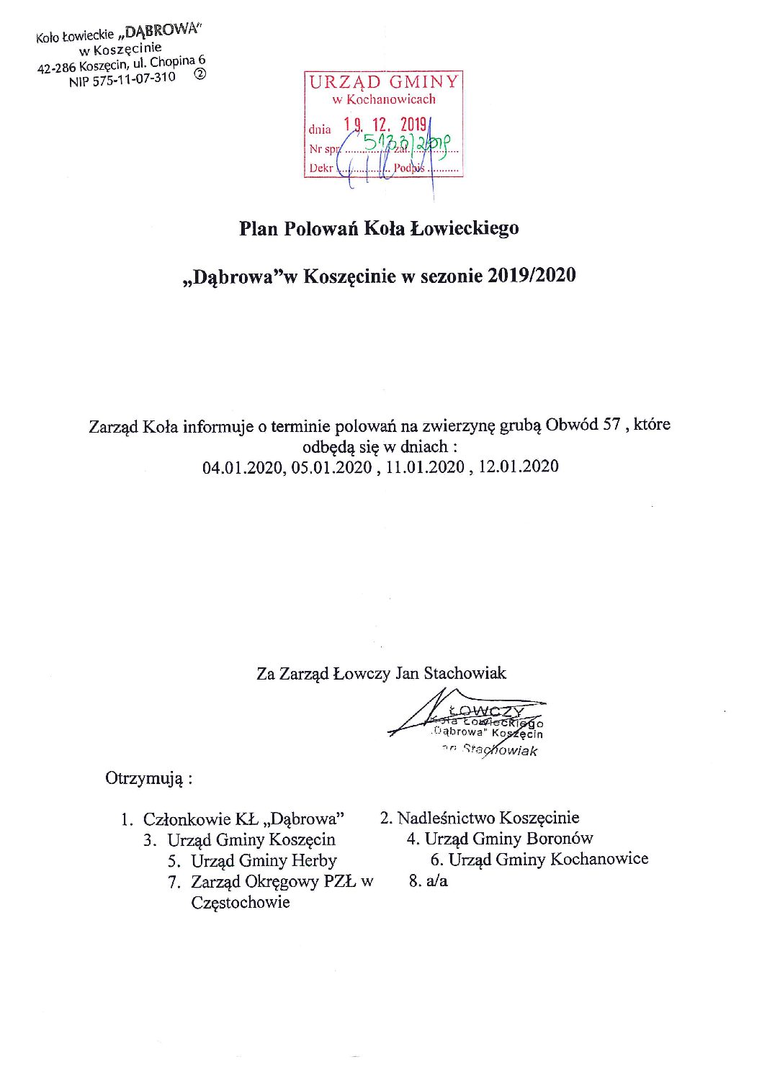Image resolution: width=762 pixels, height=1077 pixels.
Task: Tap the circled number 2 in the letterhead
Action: coord(200,73)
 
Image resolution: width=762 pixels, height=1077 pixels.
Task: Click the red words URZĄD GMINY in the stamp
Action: coord(383,82)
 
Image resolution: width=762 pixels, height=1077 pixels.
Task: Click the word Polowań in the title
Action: coord(321,228)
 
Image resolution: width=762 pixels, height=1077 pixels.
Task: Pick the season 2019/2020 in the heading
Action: coord(532,275)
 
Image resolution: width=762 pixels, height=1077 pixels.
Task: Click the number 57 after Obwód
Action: coord(611,424)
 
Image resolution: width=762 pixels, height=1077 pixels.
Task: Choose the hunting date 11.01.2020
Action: coord(425,467)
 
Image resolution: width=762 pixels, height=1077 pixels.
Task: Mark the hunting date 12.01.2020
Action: coord(518,466)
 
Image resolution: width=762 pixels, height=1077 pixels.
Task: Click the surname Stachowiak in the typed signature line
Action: coord(465,673)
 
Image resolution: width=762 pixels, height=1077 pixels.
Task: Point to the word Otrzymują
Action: coord(145,778)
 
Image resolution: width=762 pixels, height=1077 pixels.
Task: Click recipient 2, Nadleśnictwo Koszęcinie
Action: coord(488,818)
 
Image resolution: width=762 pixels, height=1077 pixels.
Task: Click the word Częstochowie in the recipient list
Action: coord(241,902)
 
